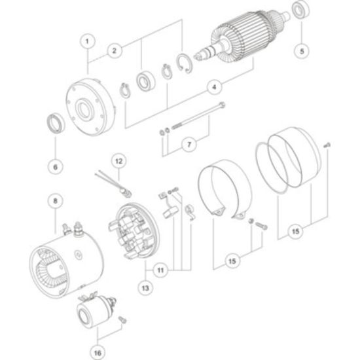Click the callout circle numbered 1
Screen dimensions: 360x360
point(87,41)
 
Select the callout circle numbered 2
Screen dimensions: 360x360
point(114,50)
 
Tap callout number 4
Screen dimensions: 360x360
point(214,87)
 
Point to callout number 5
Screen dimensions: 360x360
point(302,51)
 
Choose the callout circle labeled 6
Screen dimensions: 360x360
point(56,167)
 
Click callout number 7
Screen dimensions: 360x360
point(189,145)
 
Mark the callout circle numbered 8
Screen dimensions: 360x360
point(56,201)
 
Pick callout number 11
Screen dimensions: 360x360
point(160,270)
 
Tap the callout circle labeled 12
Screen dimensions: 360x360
point(118,161)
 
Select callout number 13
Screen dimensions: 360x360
point(145,288)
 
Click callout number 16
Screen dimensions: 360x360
point(98,353)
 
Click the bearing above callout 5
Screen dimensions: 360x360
point(300,10)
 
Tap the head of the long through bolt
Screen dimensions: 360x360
point(223,105)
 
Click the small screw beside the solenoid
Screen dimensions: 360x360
point(122,319)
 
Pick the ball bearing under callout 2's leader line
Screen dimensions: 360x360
point(145,81)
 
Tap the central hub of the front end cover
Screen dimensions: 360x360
point(84,109)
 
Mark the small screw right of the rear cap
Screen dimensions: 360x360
point(327,145)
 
